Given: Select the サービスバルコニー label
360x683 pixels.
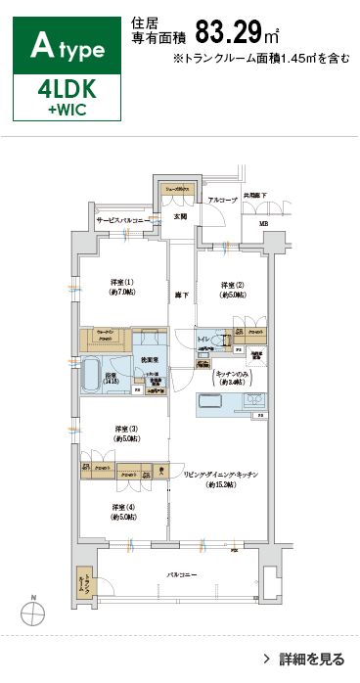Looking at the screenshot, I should tap(122, 222).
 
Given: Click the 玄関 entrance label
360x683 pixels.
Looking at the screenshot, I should tap(180, 216).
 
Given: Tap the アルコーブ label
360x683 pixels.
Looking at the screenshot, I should tap(221, 200).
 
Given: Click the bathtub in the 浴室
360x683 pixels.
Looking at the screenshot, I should tap(93, 375).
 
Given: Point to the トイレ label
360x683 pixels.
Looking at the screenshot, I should tap(202, 339).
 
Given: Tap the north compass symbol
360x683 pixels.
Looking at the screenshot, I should tap(33, 613).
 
